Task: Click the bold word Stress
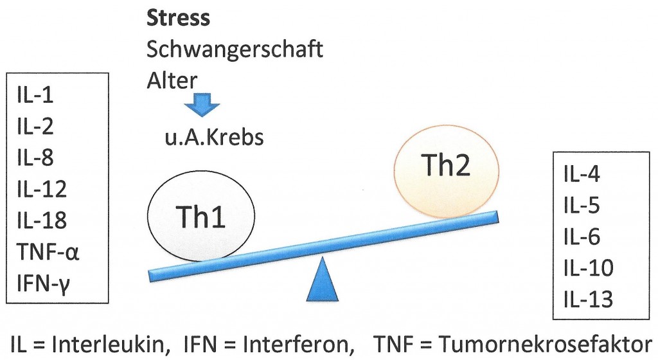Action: (179, 17)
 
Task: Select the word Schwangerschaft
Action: (235, 50)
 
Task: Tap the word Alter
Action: (172, 80)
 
